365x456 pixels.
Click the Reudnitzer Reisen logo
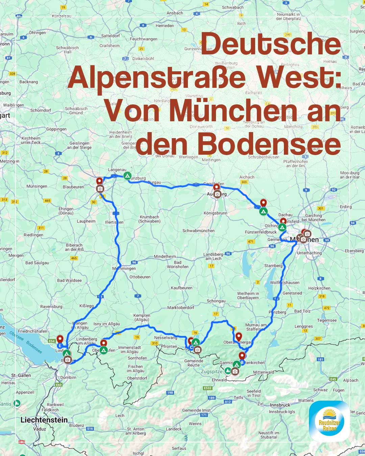(329, 421)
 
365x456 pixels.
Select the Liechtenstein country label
(44, 420)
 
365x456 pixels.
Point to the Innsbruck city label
(280, 405)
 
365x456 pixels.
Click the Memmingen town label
(124, 269)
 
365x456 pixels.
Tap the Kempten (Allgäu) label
(142, 317)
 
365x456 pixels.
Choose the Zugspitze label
(212, 371)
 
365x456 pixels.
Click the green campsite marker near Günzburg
(127, 176)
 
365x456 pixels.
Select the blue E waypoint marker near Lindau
(60, 346)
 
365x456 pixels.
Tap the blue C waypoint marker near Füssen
(191, 348)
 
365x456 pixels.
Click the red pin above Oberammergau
(239, 336)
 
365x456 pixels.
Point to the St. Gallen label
(21, 375)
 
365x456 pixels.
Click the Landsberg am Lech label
(213, 256)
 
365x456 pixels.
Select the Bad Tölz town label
(302, 311)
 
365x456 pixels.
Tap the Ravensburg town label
(51, 307)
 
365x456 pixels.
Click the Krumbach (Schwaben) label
(149, 219)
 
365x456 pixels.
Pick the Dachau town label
(285, 215)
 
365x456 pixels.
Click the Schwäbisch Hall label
(68, 50)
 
